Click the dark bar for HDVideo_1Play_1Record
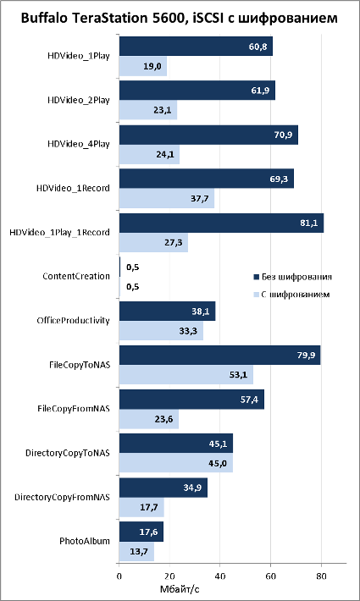point(221,223)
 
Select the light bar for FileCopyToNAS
point(186,374)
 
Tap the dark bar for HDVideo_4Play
point(208,135)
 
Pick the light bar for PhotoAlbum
point(136,551)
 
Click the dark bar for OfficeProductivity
point(167,312)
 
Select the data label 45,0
point(219,463)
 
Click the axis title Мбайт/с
point(179,588)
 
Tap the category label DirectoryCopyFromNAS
point(62,498)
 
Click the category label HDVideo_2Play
point(79,101)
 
